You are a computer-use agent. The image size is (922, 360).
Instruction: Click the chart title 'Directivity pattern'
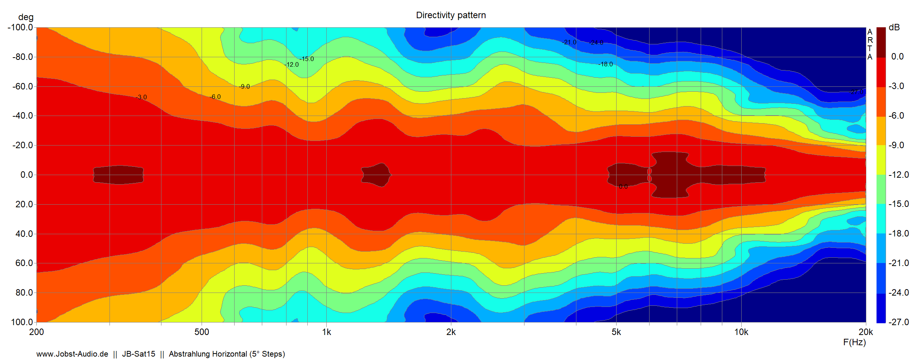451,15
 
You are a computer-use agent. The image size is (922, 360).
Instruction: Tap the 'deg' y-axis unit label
26,17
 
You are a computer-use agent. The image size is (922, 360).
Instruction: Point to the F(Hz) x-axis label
854,342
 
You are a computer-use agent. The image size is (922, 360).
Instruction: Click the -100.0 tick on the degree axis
20,27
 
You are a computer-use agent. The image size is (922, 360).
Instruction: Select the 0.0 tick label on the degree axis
27,175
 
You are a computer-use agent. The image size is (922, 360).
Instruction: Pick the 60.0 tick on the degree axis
24,263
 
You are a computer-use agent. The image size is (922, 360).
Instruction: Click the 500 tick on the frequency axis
202,332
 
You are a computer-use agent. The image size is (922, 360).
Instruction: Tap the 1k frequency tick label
326,332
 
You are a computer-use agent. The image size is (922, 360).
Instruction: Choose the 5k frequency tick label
616,332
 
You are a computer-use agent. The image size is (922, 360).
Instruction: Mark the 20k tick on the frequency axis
866,332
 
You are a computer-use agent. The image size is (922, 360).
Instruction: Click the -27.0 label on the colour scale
899,322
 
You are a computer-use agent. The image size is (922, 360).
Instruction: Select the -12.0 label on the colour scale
899,175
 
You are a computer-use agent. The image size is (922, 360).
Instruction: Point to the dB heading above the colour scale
894,27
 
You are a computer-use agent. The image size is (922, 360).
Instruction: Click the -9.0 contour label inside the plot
245,87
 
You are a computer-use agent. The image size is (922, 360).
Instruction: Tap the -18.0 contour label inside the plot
606,64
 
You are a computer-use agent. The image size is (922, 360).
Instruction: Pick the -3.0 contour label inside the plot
142,97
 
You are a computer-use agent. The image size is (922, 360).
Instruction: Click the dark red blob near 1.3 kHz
376,175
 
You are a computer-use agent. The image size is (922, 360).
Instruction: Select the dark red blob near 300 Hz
118,175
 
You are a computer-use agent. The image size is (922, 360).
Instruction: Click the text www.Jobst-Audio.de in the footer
72,354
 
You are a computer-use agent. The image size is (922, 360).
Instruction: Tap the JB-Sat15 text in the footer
138,354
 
